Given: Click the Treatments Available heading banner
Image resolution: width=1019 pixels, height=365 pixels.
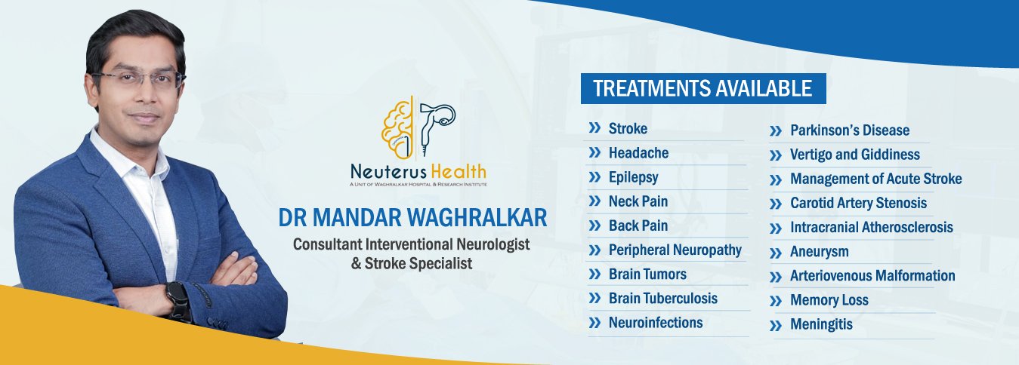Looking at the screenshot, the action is point(703,88).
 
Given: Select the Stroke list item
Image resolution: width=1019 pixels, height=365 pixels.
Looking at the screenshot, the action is point(628,128).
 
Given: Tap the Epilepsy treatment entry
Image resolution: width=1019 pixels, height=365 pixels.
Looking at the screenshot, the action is point(633,177).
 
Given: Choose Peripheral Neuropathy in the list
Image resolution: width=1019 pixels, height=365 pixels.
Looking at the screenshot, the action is point(675,250).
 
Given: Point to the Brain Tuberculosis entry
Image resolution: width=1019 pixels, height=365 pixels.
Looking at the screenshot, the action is point(662,299).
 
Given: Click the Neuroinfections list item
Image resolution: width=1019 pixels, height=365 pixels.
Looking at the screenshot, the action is point(656,323).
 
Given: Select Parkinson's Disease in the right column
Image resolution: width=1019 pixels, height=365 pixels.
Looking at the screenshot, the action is point(850,130).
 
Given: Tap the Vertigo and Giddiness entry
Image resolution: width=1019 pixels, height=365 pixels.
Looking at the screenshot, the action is point(855,155).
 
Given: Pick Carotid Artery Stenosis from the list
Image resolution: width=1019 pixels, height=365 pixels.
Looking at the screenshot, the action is point(858,203).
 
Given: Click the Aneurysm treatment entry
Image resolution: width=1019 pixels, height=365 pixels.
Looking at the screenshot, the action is point(820,252).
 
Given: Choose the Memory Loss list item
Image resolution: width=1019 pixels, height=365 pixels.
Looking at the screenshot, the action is point(829,300).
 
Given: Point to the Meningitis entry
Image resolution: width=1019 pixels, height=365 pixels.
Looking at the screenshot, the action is point(821,324).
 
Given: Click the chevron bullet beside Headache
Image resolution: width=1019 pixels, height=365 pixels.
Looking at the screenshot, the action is point(594,152).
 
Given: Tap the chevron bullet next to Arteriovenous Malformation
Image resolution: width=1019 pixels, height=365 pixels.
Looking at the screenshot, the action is point(776,277).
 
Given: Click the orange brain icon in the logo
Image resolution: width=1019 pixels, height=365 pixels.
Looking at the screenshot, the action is point(397,129).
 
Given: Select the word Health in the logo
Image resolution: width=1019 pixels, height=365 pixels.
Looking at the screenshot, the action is point(458,171).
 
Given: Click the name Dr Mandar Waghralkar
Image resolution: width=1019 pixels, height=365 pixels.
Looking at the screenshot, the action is point(412,217).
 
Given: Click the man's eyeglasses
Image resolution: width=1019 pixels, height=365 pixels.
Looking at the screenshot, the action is point(139,78).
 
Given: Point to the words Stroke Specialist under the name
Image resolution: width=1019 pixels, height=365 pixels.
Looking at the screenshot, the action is point(418,263).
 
